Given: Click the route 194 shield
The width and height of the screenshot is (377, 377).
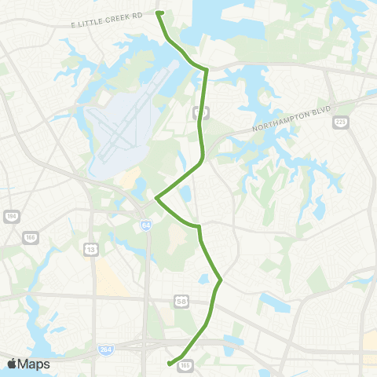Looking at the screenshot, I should (x=10, y=216).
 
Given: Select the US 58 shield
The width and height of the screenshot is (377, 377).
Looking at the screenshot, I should (x=180, y=301).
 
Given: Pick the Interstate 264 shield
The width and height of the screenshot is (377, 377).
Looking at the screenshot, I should (x=104, y=349).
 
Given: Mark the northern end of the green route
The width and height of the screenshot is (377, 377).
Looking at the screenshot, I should (x=159, y=13).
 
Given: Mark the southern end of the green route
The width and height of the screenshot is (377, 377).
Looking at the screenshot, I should (x=169, y=363).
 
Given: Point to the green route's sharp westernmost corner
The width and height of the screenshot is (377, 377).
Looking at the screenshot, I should (x=156, y=198).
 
